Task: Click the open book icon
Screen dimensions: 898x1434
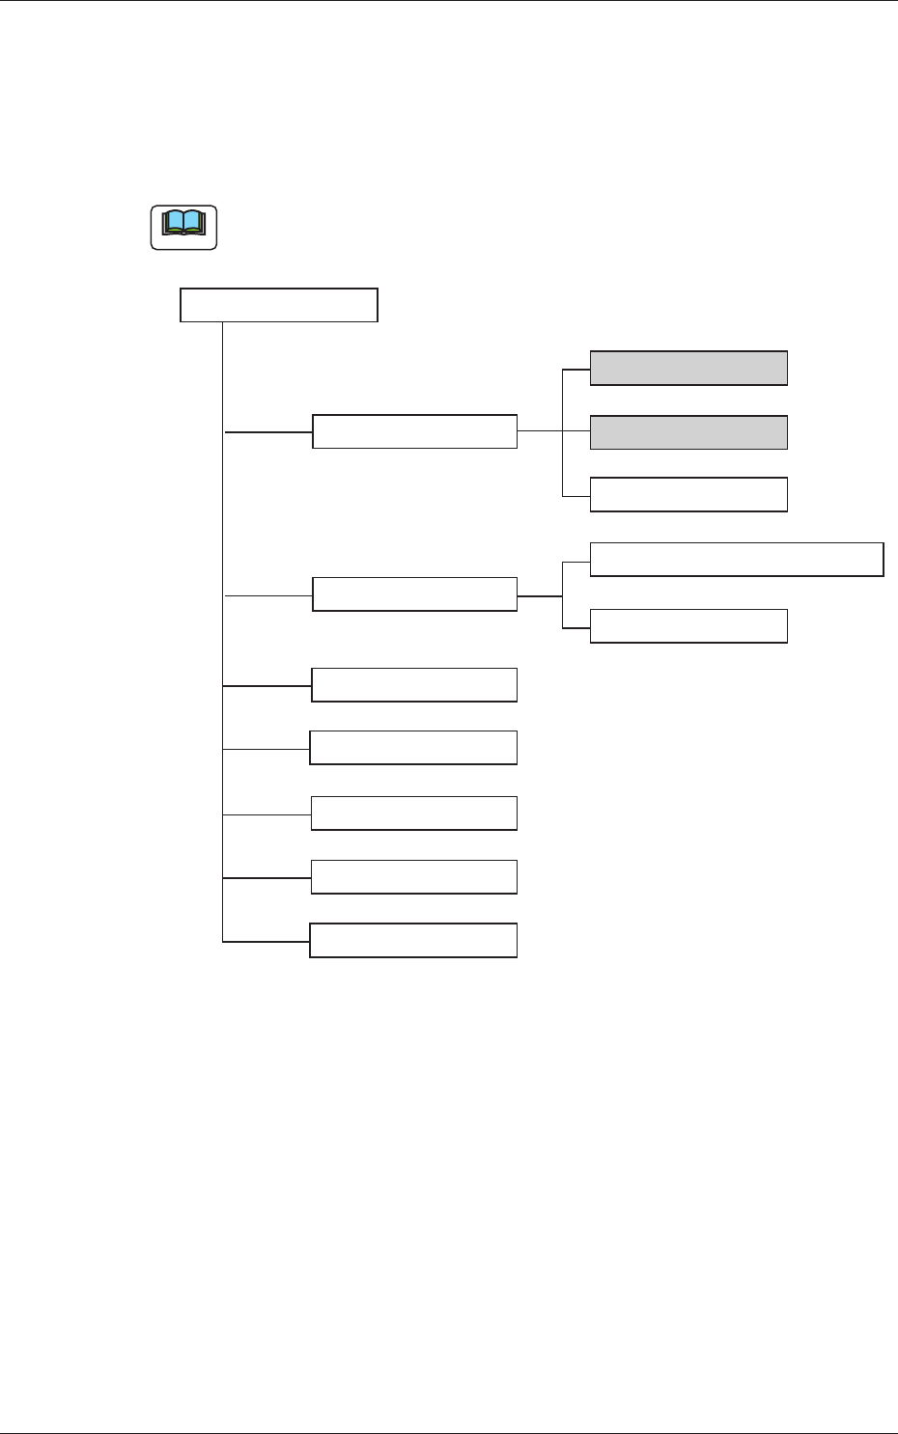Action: point(183,227)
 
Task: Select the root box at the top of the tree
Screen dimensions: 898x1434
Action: point(279,305)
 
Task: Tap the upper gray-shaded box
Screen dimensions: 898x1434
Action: point(688,369)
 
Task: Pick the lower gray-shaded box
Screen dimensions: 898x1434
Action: point(688,432)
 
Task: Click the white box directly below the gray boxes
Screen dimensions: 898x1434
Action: point(688,494)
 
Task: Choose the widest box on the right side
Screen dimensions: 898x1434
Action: point(736,560)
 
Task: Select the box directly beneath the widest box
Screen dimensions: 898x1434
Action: point(688,626)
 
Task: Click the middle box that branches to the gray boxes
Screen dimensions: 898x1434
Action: point(414,431)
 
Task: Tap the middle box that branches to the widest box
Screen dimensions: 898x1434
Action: point(414,594)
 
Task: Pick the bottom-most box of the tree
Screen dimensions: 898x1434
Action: point(413,940)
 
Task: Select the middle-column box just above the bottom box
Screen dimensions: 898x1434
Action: point(413,877)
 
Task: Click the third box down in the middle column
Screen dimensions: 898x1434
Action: point(413,685)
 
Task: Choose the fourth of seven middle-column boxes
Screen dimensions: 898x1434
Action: point(413,748)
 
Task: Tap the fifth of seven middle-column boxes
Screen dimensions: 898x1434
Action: point(413,814)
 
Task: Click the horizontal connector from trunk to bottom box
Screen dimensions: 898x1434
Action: point(266,941)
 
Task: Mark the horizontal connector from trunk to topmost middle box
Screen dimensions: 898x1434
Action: point(268,432)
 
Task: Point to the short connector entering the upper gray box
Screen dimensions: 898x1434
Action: point(576,369)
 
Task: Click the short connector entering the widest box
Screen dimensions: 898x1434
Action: point(576,560)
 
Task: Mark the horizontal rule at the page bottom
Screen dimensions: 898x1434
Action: point(449,1433)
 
